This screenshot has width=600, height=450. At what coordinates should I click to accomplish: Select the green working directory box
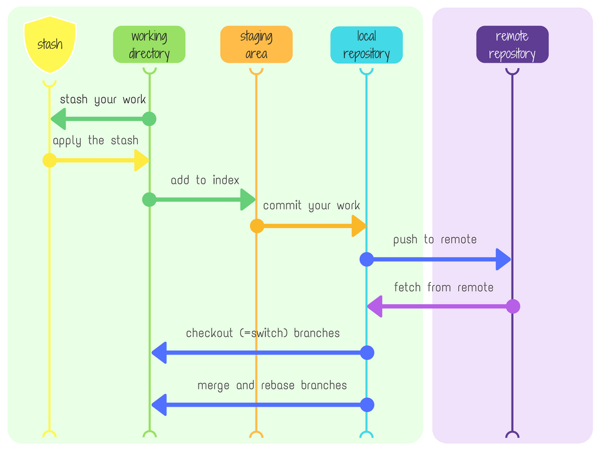click(x=149, y=45)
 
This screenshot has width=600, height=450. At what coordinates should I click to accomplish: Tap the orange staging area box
click(x=256, y=45)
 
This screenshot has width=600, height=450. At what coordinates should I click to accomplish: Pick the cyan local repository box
click(x=366, y=45)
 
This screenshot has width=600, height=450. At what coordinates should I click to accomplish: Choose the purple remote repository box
click(x=512, y=45)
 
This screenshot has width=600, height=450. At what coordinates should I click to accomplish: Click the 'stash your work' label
click(x=103, y=100)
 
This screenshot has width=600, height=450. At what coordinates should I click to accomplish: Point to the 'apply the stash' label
click(x=96, y=141)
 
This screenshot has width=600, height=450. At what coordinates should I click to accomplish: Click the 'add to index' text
click(x=205, y=180)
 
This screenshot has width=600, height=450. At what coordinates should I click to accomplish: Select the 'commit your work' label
click(x=311, y=206)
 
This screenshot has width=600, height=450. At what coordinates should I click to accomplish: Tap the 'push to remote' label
click(x=435, y=240)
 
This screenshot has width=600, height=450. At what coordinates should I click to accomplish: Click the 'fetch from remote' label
click(x=444, y=288)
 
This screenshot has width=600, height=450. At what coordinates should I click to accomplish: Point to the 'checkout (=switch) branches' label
click(x=262, y=333)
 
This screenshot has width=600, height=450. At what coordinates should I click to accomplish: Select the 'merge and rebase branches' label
click(x=272, y=386)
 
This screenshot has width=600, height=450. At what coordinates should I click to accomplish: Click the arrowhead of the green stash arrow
click(x=59, y=119)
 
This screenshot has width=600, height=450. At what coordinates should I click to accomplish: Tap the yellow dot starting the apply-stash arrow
click(x=50, y=160)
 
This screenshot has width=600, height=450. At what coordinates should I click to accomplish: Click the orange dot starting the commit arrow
click(x=257, y=226)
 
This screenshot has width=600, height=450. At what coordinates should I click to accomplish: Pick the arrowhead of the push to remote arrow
click(x=503, y=260)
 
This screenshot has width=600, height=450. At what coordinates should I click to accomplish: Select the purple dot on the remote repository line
click(x=513, y=306)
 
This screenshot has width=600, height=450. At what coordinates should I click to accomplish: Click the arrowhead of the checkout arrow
click(x=159, y=353)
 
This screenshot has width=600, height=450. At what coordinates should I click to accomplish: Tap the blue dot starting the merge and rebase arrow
click(x=367, y=405)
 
